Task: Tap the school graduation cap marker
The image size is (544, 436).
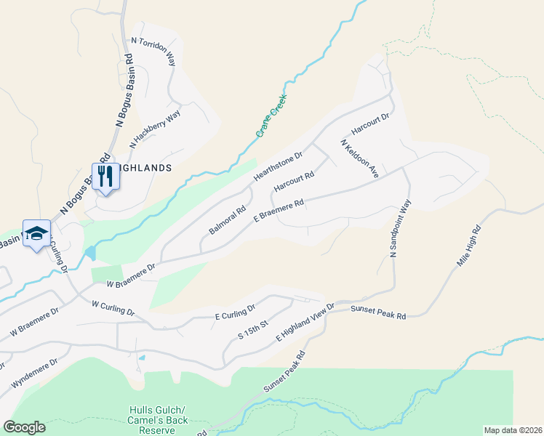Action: pyautogui.click(x=36, y=234)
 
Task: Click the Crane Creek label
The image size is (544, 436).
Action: pyautogui.click(x=271, y=116)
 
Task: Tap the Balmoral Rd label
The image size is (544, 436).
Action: pyautogui.click(x=228, y=219)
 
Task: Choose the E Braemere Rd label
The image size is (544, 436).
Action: pyautogui.click(x=278, y=212)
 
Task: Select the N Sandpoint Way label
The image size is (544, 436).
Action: pyautogui.click(x=400, y=229)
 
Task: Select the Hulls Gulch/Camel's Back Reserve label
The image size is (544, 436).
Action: pyautogui.click(x=159, y=420)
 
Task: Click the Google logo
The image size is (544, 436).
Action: pyautogui.click(x=24, y=427)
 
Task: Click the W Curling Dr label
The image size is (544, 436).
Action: pyautogui.click(x=113, y=307)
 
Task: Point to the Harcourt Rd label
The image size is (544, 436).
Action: pyautogui.click(x=293, y=182)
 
